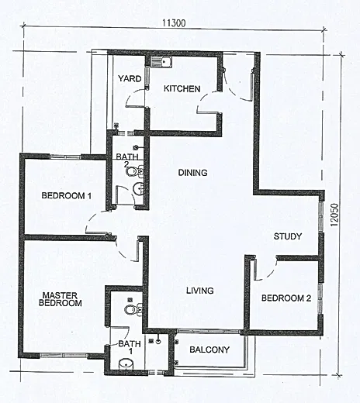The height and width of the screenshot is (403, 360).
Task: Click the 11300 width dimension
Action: pyautogui.click(x=174, y=23)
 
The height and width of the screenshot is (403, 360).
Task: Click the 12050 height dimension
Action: pyautogui.click(x=334, y=215)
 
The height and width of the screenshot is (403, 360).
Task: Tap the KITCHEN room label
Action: pyautogui.click(x=182, y=89)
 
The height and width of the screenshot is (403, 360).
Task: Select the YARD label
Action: pyautogui.click(x=130, y=78)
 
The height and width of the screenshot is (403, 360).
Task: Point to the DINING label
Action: pyautogui.click(x=192, y=173)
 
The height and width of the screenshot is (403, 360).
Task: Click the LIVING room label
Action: pyautogui.click(x=200, y=291)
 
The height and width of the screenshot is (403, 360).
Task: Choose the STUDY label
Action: pyautogui.click(x=288, y=236)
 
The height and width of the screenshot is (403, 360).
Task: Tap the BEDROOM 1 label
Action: pyautogui.click(x=67, y=195)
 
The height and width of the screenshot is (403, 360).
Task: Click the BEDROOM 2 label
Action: pyautogui.click(x=286, y=298)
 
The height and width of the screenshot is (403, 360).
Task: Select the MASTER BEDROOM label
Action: pyautogui.click(x=61, y=299)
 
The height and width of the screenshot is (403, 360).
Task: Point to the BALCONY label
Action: pyautogui.click(x=209, y=350)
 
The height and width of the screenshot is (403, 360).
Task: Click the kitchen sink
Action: pyautogui.click(x=161, y=62)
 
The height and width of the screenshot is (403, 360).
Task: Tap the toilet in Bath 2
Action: pyautogui.click(x=134, y=171)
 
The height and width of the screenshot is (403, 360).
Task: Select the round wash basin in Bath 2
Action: pyautogui.click(x=138, y=189)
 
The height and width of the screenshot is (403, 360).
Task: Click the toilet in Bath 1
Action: pyautogui.click(x=133, y=309)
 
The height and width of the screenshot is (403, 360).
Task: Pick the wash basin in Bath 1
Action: pyautogui.click(x=126, y=363)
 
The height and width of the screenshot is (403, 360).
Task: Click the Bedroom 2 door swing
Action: pyautogui.click(x=265, y=270)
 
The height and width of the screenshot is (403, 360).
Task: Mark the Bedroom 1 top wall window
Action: pyautogui.click(x=65, y=157)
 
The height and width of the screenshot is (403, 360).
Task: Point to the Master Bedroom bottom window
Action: pyautogui.click(x=64, y=356)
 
